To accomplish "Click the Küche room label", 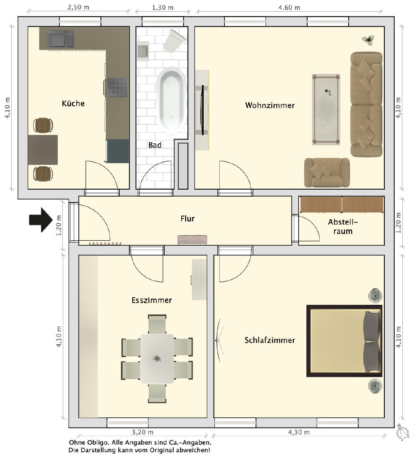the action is (73, 104).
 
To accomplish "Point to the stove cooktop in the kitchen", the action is (118, 87).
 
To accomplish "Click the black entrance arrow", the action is (41, 220).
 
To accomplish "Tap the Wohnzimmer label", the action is (270, 105).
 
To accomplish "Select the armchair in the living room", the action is (327, 173).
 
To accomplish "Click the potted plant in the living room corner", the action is (368, 40).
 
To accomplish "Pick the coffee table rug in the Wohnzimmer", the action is (326, 109).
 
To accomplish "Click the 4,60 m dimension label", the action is (289, 8).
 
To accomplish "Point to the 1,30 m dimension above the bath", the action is (163, 8).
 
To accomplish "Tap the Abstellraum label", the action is (343, 226).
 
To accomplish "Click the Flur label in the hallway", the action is (187, 219).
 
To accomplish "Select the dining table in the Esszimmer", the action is (157, 359).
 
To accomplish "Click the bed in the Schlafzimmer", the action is (344, 341).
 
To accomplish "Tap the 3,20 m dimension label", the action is (142, 432).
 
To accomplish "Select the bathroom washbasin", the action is (143, 51).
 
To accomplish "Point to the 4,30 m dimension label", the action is (299, 432).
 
